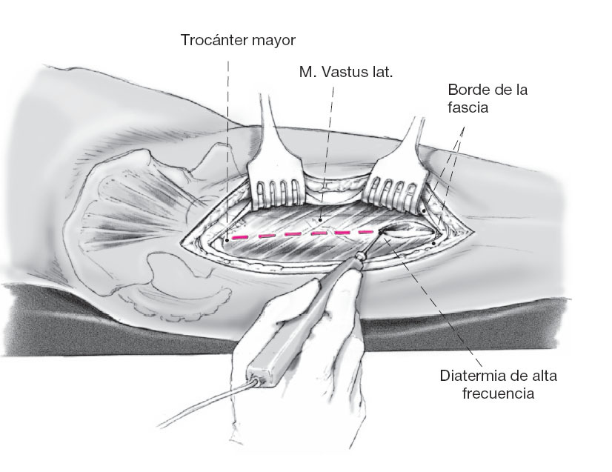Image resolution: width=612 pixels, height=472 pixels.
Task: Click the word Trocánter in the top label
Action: coord(213,39)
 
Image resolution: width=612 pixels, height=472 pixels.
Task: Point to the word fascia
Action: coord(468,107)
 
